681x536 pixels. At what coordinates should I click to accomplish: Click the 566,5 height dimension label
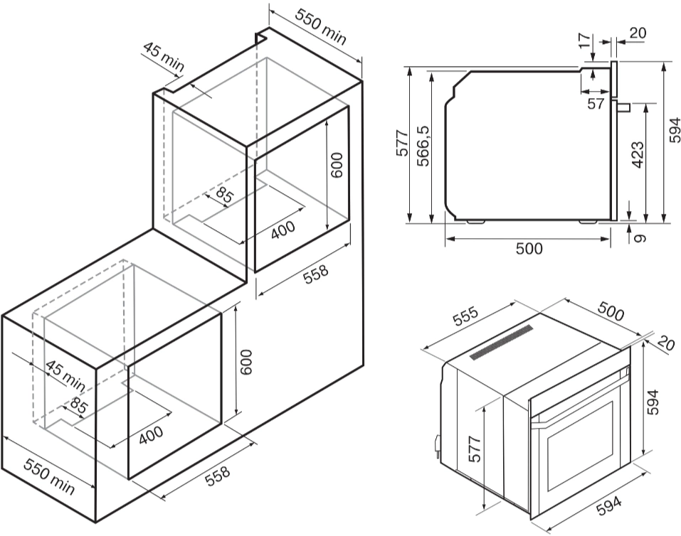click(x=423, y=146)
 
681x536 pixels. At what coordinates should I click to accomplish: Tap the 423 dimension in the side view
click(x=638, y=156)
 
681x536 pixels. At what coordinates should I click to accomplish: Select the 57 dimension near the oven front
click(x=596, y=104)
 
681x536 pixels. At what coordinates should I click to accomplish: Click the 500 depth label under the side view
click(x=529, y=248)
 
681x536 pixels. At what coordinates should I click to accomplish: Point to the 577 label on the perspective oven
click(x=476, y=450)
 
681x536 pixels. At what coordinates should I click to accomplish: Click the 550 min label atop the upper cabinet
click(x=321, y=27)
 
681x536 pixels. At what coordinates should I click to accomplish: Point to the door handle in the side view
click(x=623, y=107)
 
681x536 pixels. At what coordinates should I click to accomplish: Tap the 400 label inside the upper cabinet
click(x=283, y=230)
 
